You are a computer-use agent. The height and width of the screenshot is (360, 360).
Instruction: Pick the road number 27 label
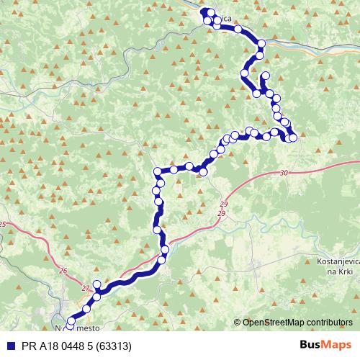tap(86, 287)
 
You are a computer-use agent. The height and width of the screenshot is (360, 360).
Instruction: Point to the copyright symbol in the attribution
tap(237, 323)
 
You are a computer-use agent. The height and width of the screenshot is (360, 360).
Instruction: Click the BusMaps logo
tap(326, 345)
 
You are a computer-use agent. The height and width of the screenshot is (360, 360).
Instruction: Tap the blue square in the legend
tap(7, 346)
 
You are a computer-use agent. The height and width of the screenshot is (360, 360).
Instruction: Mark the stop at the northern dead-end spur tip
tap(266, 76)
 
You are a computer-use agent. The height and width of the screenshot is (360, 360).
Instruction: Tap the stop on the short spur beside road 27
tap(97, 284)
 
